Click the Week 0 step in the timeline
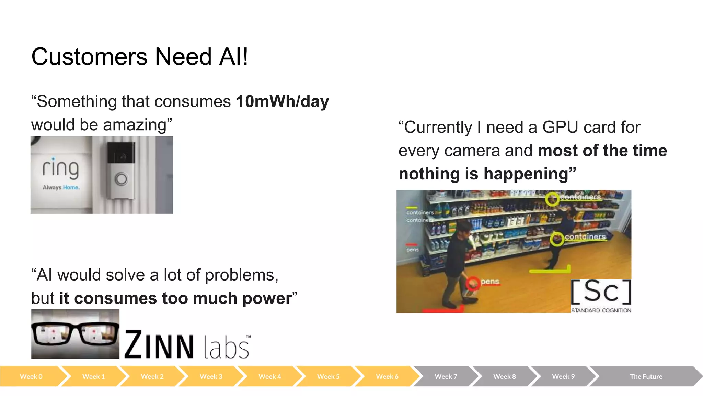point(31,376)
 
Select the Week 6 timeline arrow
point(387,376)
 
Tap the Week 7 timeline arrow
point(446,376)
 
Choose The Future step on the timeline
point(646,376)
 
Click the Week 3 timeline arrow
point(211,376)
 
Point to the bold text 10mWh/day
point(282,101)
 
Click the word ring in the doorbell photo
point(60,168)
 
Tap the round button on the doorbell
point(121,179)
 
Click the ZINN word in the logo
point(159,345)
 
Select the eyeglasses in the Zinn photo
point(75,333)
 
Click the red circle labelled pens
point(473,284)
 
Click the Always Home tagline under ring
point(61,187)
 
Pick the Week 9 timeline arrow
point(563,376)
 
